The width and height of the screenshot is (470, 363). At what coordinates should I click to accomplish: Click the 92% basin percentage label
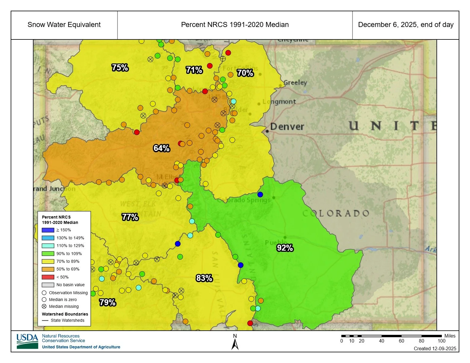[x=285, y=248]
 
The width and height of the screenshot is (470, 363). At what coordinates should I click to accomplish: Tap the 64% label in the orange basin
[x=161, y=148]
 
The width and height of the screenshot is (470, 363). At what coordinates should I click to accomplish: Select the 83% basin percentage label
[x=204, y=278]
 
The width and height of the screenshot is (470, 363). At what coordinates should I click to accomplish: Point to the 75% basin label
[x=120, y=68]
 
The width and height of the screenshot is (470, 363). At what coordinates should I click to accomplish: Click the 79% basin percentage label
[x=107, y=302]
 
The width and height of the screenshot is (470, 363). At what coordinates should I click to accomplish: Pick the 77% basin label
[x=130, y=217]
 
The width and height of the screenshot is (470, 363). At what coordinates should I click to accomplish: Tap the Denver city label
[x=287, y=127]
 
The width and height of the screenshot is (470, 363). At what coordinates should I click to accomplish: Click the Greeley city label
[x=295, y=83]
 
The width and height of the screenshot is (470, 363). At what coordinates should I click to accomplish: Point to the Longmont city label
[x=279, y=102]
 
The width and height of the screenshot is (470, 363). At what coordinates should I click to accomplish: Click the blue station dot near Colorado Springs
[x=260, y=195]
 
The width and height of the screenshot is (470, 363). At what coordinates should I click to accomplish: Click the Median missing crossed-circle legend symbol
[x=44, y=306]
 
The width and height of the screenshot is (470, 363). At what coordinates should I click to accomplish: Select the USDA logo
[x=27, y=341]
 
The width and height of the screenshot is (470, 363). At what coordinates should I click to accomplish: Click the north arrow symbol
[x=235, y=343]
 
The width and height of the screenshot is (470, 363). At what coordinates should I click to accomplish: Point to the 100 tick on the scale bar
[x=442, y=341]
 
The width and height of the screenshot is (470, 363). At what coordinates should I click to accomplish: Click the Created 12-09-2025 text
[x=435, y=348]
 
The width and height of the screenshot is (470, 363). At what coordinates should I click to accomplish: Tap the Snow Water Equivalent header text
[x=64, y=25]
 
